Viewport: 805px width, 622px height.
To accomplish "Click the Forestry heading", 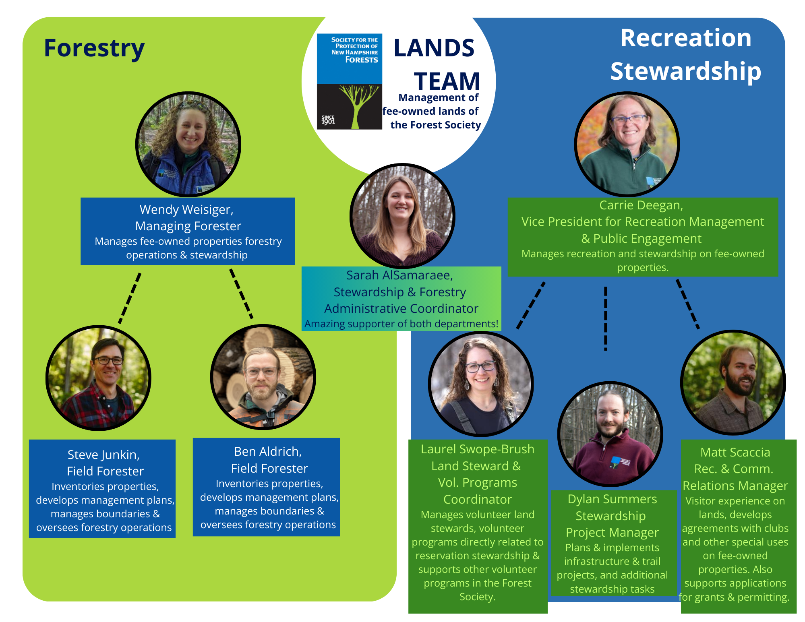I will pos(94,48).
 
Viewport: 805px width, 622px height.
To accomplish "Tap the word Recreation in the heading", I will pos(685,38).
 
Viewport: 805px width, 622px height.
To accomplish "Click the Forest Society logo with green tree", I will pos(349,82).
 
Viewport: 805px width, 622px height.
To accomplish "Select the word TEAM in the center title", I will pos(447,81).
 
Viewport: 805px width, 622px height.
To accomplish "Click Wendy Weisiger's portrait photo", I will pos(188,144).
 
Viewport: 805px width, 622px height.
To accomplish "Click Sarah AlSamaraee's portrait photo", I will pos(402,216).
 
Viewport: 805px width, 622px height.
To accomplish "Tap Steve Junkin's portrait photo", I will pos(98,378).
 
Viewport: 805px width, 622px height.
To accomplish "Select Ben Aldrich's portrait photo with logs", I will pos(263,377).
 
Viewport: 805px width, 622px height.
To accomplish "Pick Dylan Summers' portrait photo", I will pos(610,434).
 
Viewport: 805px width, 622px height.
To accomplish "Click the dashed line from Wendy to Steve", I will pos(130,298).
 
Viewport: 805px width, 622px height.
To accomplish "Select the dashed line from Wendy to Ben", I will pos(241,293).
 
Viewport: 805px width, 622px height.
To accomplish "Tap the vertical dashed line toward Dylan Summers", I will pos(605,318).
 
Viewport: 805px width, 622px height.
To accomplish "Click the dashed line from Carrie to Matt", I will pos(687,304).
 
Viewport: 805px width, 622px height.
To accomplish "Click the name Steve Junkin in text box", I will pos(103,455).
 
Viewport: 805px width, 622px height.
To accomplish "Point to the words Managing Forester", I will pos(188,226).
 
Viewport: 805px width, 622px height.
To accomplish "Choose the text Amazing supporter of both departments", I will pos(401,324).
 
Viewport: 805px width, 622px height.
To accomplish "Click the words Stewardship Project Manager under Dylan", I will pos(612,524).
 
